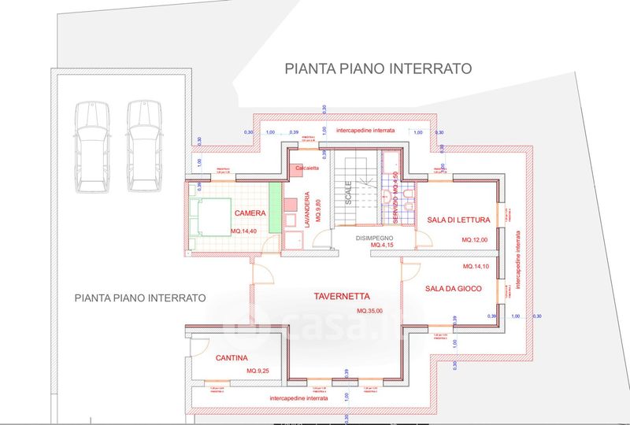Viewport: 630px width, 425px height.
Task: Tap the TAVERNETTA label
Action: point(344,297)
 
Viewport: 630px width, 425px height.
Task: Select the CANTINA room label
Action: point(232,358)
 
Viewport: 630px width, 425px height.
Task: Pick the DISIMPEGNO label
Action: point(373,237)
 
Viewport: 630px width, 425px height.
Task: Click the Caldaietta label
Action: point(308,168)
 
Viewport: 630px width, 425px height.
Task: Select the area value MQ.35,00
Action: point(369,312)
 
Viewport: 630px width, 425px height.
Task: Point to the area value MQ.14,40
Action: point(246,231)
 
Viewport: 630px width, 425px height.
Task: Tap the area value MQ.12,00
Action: point(475,239)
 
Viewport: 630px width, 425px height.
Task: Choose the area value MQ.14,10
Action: point(477,266)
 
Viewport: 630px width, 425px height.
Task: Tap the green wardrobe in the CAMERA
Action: point(274,208)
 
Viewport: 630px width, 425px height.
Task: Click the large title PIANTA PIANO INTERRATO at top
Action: point(378,68)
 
